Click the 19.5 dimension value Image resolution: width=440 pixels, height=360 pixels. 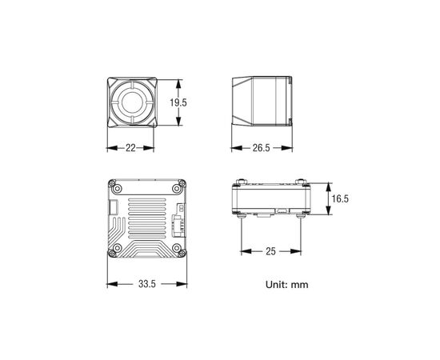tap(178, 102)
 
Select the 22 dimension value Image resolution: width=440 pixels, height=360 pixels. tap(130, 148)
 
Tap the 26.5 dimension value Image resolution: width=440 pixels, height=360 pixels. tap(262, 148)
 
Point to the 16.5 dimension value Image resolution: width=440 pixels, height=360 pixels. tap(340, 198)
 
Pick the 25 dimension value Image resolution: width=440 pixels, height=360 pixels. tap(270, 251)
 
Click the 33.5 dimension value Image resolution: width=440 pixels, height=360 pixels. tap(146, 284)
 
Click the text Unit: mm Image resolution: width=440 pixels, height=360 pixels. tap(286, 285)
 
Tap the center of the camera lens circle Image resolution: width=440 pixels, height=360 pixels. tap(133, 102)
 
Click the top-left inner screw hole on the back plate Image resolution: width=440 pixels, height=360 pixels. tap(118, 189)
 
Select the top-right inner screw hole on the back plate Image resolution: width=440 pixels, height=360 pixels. tap(177, 189)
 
